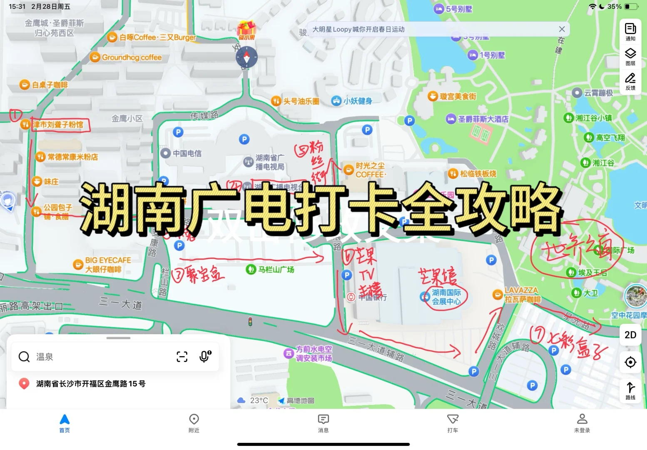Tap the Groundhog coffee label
132,57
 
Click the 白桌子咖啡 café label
50,85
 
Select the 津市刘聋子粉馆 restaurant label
58,125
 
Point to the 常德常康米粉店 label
72,157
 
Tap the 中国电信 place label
187,153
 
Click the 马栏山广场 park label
276,270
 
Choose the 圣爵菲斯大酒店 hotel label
483,119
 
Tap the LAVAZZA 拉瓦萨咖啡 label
522,295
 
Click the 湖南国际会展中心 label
446,297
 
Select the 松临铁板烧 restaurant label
478,174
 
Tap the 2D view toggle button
630,335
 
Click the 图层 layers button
630,57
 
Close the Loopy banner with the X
562,29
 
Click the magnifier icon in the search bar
24,357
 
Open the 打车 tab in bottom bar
453,423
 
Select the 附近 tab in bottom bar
194,423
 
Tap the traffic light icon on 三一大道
250,321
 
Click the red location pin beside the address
24,384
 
